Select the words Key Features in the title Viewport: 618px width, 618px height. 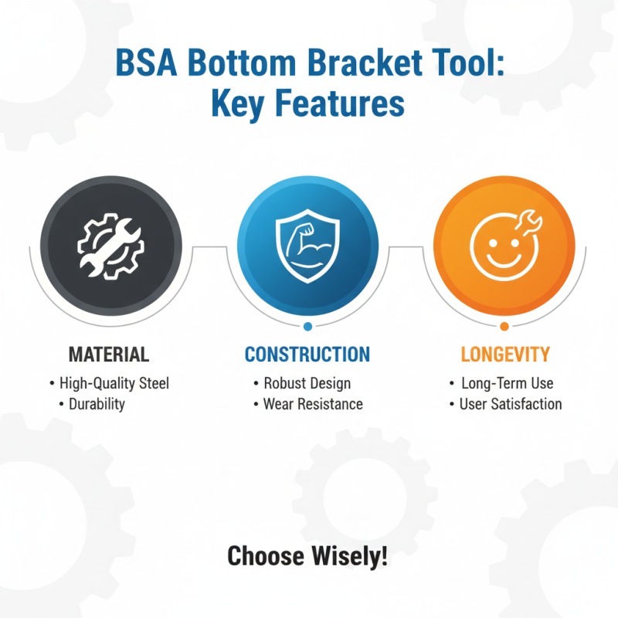pos(309,104)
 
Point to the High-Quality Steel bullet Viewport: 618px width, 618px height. pos(114,383)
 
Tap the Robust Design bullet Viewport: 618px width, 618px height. pos(307,383)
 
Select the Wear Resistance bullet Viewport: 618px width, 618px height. pos(312,404)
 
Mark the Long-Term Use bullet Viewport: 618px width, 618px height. pos(507,383)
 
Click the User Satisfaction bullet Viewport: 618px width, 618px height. pos(510,404)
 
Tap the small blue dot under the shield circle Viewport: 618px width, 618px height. pos(307,326)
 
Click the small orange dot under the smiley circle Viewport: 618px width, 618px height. pos(504,326)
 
